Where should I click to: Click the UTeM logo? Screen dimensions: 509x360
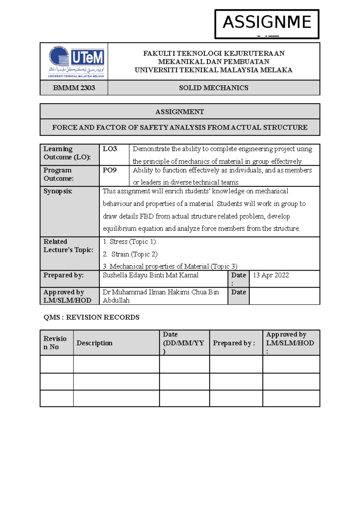(76, 61)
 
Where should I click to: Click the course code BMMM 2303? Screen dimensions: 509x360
(74, 88)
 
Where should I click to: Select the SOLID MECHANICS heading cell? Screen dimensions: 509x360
(214, 88)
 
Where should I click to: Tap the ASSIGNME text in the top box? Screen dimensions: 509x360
(267, 22)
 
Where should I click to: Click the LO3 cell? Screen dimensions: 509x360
(110, 149)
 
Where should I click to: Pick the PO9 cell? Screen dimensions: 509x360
(109, 170)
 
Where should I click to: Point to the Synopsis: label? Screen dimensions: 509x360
(58, 191)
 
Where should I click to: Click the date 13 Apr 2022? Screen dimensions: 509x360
(271, 275)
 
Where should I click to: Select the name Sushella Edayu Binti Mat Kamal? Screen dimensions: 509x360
(151, 275)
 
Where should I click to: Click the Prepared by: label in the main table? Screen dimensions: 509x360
(64, 275)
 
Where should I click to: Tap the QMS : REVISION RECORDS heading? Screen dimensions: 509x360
(91, 317)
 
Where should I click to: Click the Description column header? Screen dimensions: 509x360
(94, 343)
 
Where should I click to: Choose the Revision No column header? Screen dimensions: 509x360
(55, 343)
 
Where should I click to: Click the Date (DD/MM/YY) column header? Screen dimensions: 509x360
(183, 343)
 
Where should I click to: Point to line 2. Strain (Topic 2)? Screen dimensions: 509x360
(130, 254)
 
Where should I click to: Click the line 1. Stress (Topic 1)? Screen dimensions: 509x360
(129, 242)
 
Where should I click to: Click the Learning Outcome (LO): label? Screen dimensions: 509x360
(67, 153)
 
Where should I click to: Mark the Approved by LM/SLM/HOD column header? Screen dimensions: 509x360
(290, 343)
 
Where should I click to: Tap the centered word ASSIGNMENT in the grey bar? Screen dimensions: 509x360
(180, 112)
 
